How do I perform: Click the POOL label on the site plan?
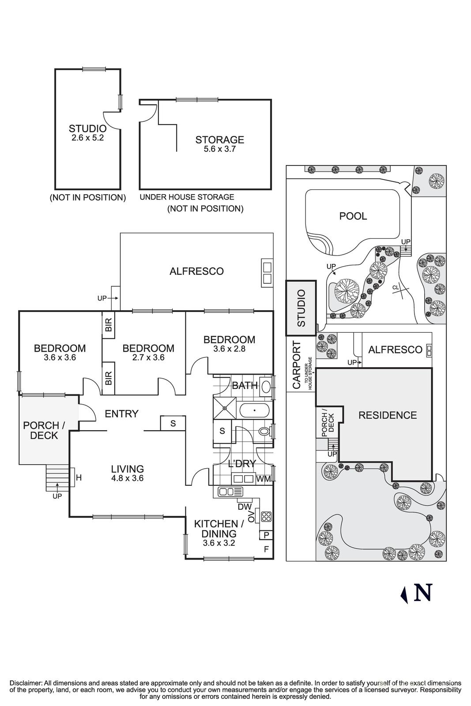tap(353, 216)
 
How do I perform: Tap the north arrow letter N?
tap(422, 593)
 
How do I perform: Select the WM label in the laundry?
tap(263, 478)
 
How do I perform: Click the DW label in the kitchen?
tap(244, 507)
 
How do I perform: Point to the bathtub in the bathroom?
tap(254, 411)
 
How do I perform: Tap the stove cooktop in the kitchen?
tap(266, 517)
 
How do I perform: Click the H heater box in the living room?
tap(79, 477)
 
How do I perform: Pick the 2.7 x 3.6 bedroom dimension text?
tap(148, 357)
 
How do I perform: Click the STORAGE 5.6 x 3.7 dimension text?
tap(219, 149)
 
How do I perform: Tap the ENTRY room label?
tap(121, 413)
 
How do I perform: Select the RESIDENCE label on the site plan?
tap(387, 415)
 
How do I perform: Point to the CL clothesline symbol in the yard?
tap(396, 288)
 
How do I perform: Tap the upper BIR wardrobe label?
tap(109, 326)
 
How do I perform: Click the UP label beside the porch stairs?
tap(57, 496)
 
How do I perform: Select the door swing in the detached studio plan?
tap(111, 120)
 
